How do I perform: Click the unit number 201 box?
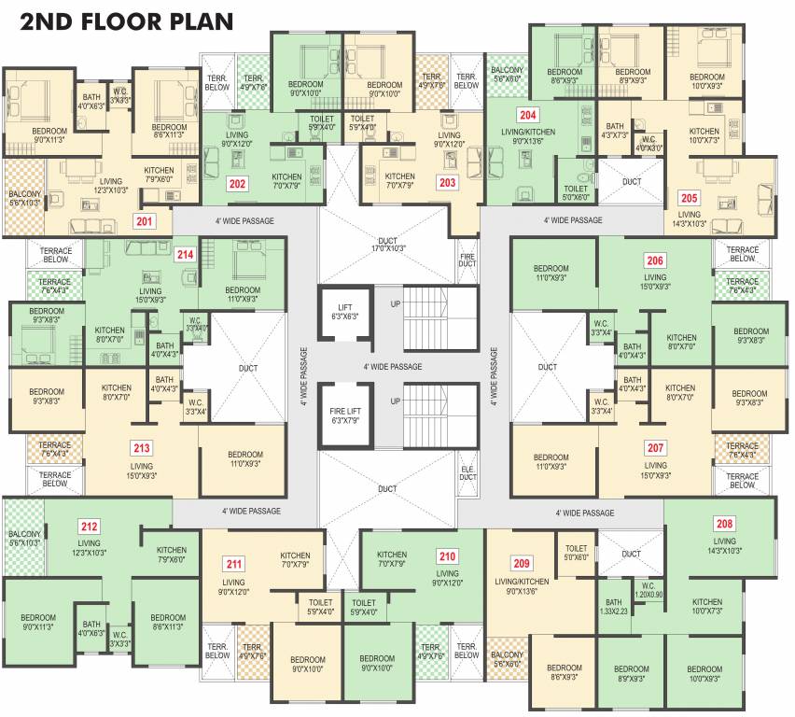pyautogui.click(x=145, y=221)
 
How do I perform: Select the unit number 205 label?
pyautogui.click(x=689, y=198)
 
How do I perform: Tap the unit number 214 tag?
pyautogui.click(x=185, y=253)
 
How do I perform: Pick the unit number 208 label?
pyautogui.click(x=724, y=523)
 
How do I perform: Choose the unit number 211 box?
pyautogui.click(x=233, y=563)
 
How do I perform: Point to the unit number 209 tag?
pyautogui.click(x=522, y=563)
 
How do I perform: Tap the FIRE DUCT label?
pyautogui.click(x=467, y=260)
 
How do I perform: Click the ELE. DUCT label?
pyautogui.click(x=467, y=471)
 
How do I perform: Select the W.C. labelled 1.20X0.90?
pyautogui.click(x=648, y=590)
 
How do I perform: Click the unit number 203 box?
pyautogui.click(x=447, y=182)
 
